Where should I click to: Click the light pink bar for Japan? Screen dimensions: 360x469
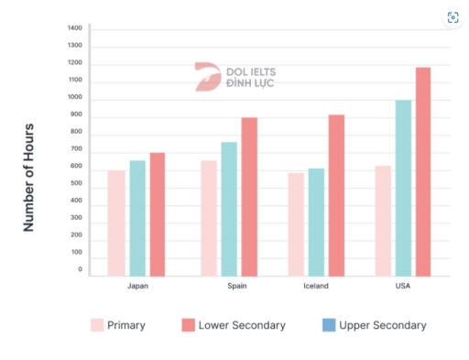[x=116, y=223]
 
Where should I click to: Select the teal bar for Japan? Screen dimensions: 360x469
[x=137, y=218]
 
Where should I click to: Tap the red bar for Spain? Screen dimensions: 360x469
[x=248, y=196]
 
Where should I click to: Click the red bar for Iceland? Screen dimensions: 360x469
[x=336, y=195]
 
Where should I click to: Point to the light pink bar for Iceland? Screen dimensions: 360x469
[x=296, y=224]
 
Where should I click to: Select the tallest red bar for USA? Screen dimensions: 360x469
[x=422, y=171]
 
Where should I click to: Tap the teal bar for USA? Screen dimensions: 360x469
[x=403, y=188]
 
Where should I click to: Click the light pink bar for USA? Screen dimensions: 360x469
[x=383, y=221]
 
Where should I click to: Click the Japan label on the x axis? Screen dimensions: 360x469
[x=137, y=286]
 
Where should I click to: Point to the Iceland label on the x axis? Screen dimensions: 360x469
[x=315, y=286]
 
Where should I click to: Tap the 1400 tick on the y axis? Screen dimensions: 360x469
[x=75, y=28]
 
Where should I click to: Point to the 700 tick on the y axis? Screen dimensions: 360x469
[x=75, y=150]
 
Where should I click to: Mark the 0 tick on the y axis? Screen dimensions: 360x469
[x=79, y=269]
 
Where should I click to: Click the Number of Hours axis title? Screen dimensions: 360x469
[x=29, y=177]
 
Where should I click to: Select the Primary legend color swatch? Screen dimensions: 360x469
[x=96, y=325]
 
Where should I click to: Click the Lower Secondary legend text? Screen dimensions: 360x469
[x=243, y=325]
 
